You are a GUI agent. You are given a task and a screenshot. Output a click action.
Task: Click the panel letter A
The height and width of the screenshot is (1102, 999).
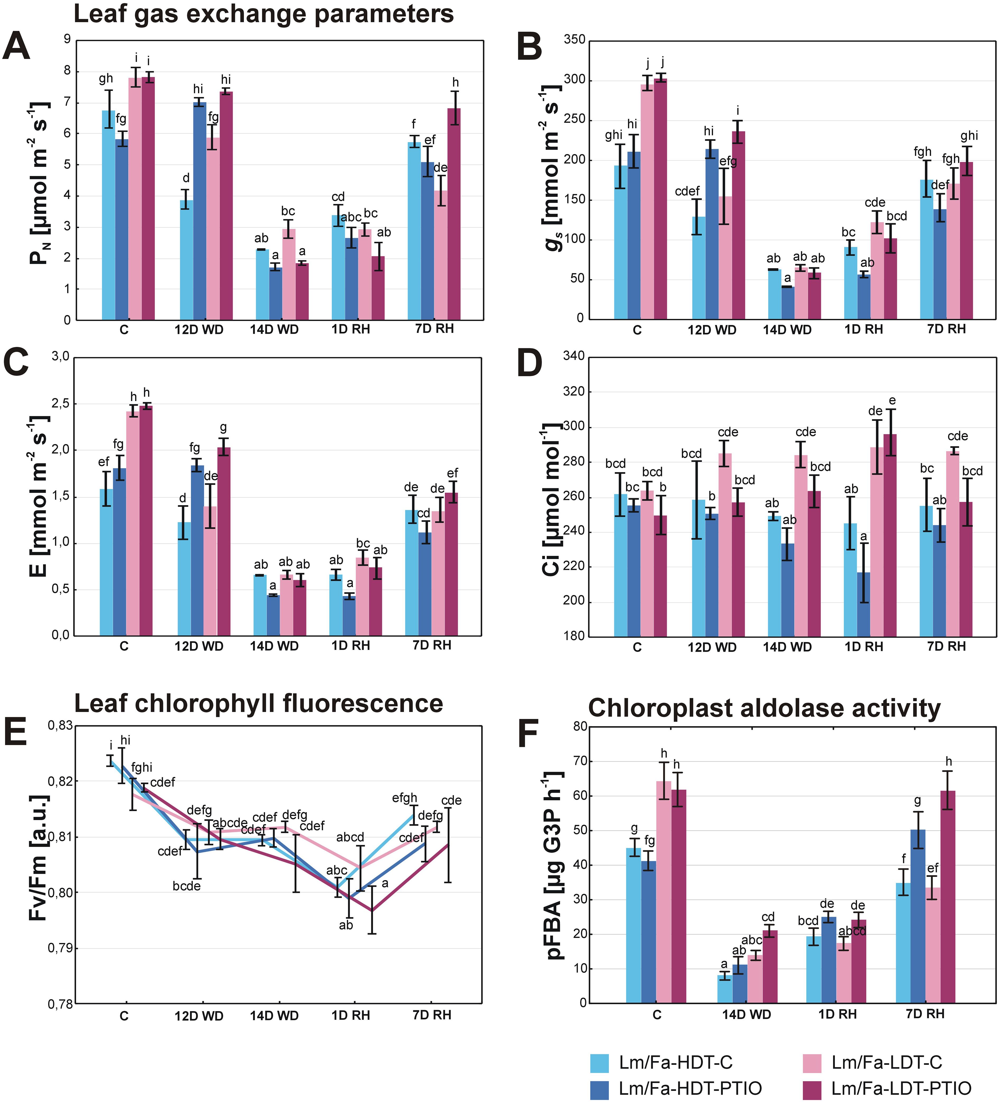pos(16,47)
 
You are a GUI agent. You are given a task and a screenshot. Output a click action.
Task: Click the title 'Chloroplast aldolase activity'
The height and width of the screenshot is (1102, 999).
pos(764,708)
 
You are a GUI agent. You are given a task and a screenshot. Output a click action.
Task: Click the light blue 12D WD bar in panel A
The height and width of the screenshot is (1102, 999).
pos(187,260)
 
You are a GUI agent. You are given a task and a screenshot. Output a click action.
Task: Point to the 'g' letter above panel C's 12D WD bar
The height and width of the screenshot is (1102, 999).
pos(223,427)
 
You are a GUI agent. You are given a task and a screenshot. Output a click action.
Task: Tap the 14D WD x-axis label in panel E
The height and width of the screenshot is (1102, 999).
pos(275,1016)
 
